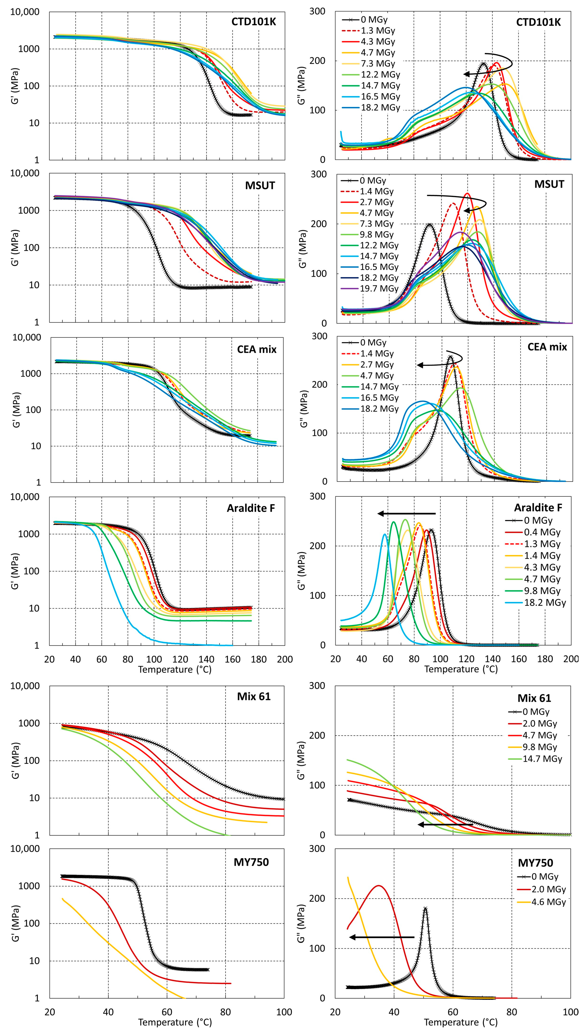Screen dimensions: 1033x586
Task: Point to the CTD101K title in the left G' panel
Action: [254, 22]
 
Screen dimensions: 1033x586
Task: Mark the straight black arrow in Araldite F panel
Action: [407, 514]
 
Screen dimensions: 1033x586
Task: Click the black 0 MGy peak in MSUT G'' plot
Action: [429, 224]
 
